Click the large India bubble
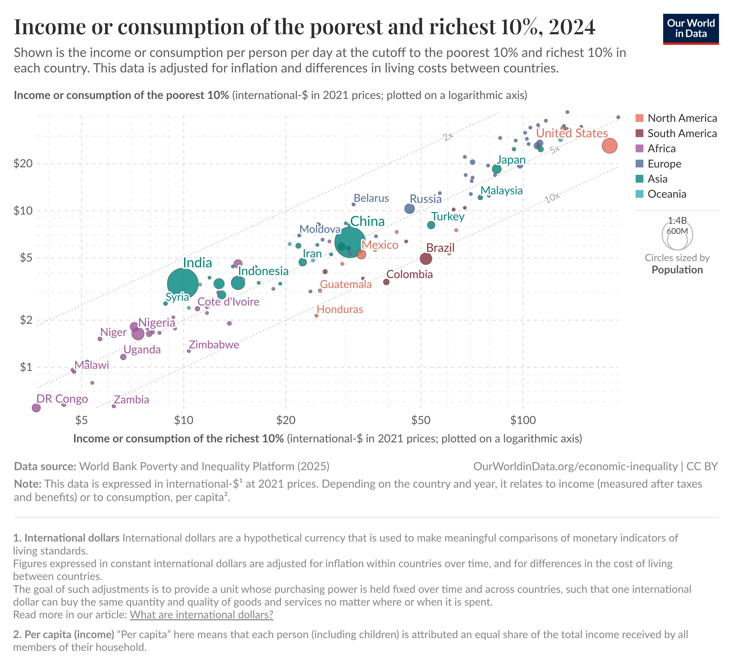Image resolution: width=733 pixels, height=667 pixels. click(183, 283)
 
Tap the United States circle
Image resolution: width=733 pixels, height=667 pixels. click(609, 146)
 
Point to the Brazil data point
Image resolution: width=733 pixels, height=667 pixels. click(426, 259)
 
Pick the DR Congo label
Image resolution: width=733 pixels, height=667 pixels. click(62, 399)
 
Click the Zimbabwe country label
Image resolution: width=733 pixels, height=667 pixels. click(214, 344)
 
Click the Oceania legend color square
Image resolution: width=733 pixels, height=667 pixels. click(640, 194)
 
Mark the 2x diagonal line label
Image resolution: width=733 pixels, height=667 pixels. click(448, 136)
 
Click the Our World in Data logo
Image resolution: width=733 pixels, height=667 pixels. click(691, 29)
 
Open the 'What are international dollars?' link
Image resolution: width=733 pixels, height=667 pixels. click(201, 615)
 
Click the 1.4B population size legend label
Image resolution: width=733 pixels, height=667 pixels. click(677, 220)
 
